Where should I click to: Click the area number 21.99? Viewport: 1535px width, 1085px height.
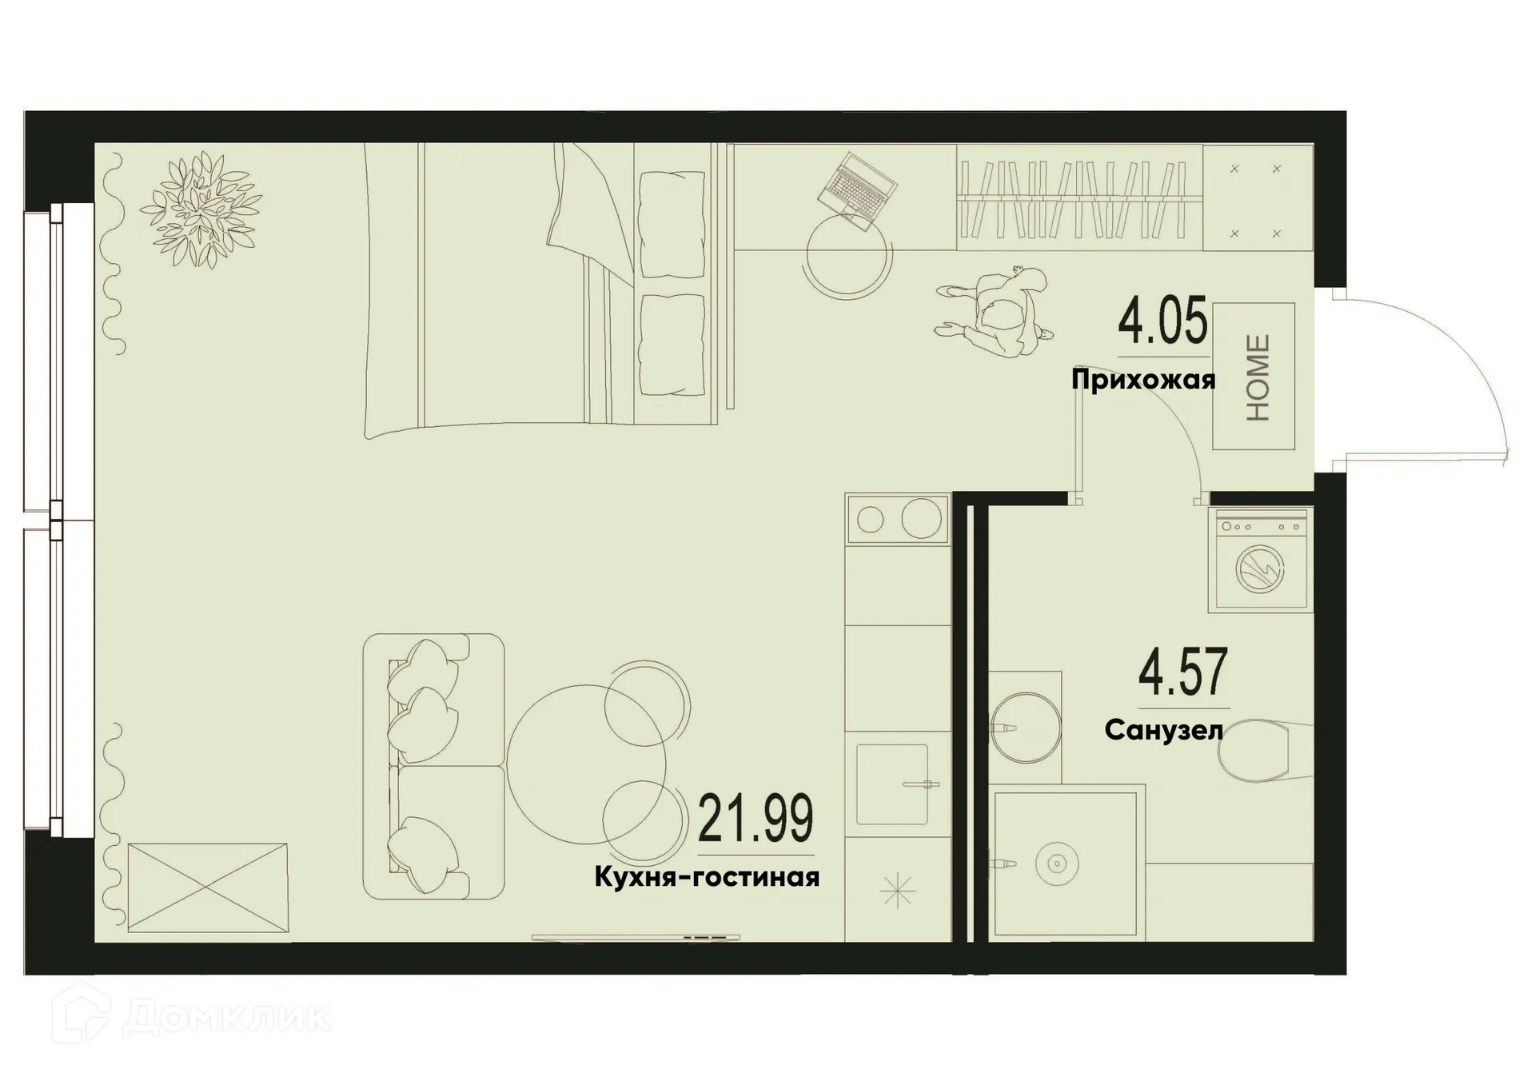click(x=756, y=818)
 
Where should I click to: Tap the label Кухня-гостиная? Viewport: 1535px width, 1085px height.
click(x=707, y=877)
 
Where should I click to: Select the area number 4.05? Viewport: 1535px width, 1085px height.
click(x=1162, y=321)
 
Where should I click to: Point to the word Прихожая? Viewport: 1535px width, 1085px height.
click(x=1143, y=379)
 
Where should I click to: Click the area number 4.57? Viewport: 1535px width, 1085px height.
click(x=1182, y=673)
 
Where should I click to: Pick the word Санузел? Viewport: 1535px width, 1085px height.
click(x=1163, y=730)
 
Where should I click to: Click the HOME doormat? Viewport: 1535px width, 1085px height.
click(x=1254, y=377)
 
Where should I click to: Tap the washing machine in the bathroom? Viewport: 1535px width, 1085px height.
click(x=1260, y=561)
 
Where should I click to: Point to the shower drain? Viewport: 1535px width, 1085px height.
click(x=1057, y=864)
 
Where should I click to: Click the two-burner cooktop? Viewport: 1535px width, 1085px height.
click(x=898, y=520)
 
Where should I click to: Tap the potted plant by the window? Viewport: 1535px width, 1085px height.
click(x=201, y=210)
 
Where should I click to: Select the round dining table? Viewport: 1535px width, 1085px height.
click(x=586, y=764)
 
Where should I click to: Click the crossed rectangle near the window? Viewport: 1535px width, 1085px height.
click(x=208, y=888)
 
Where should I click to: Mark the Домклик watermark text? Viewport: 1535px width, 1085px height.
click(x=227, y=1018)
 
